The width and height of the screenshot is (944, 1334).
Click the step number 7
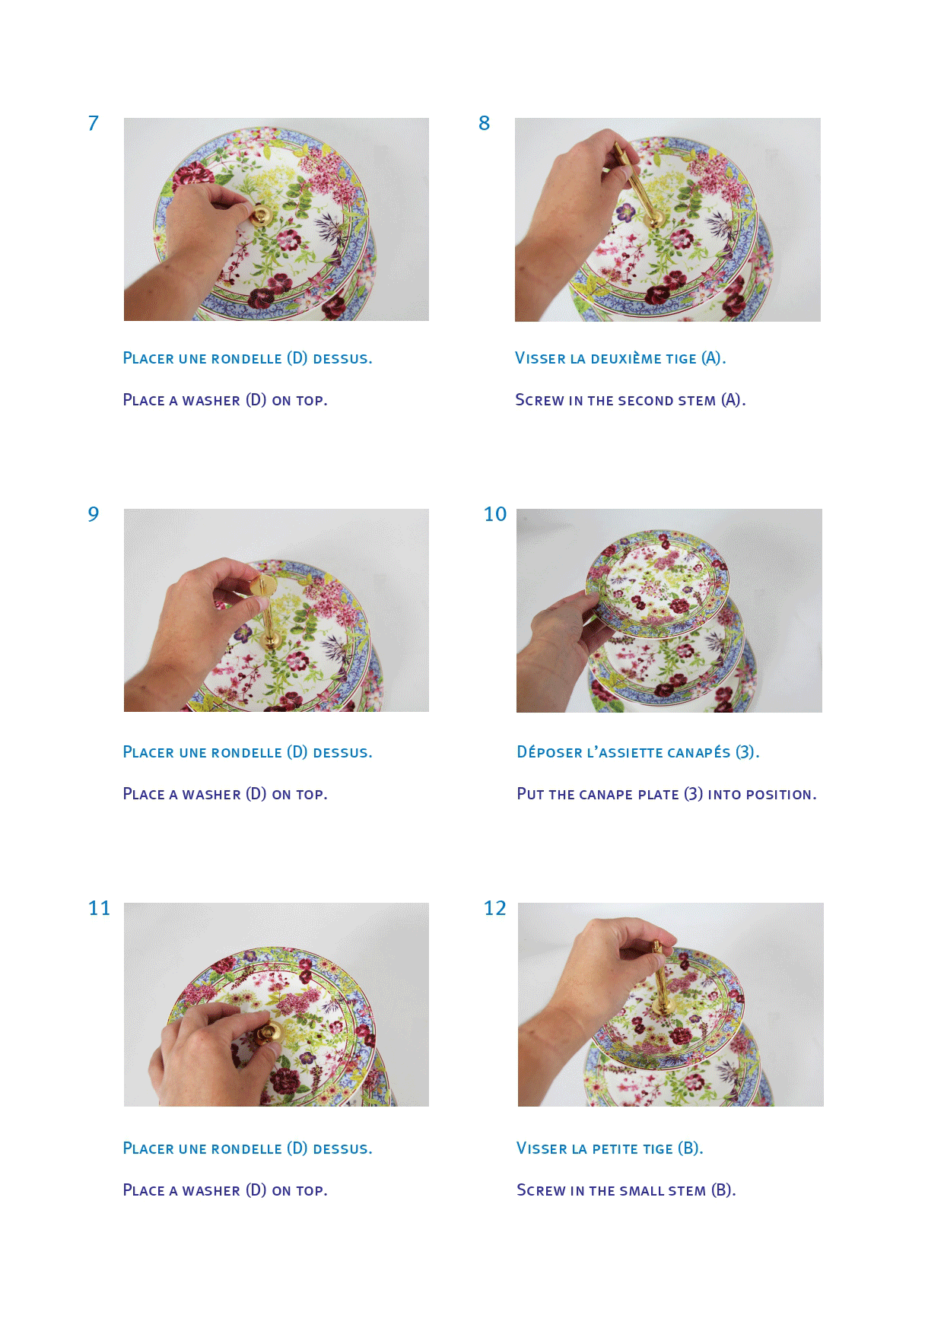(94, 123)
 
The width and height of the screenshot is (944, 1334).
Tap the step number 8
(485, 123)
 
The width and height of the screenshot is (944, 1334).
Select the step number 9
(94, 515)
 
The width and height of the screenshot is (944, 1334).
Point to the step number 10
(495, 515)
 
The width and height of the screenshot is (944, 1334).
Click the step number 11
(100, 908)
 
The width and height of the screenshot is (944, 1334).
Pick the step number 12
(495, 908)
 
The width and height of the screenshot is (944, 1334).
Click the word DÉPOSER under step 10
(549, 752)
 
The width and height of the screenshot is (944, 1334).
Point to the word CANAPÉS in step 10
(698, 752)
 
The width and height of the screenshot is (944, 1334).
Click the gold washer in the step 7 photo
(262, 215)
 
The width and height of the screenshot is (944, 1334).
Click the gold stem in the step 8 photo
(637, 186)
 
